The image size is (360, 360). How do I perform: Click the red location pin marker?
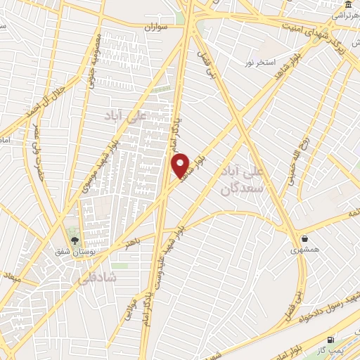point(181,166)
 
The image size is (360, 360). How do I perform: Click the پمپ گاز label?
point(328,349)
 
